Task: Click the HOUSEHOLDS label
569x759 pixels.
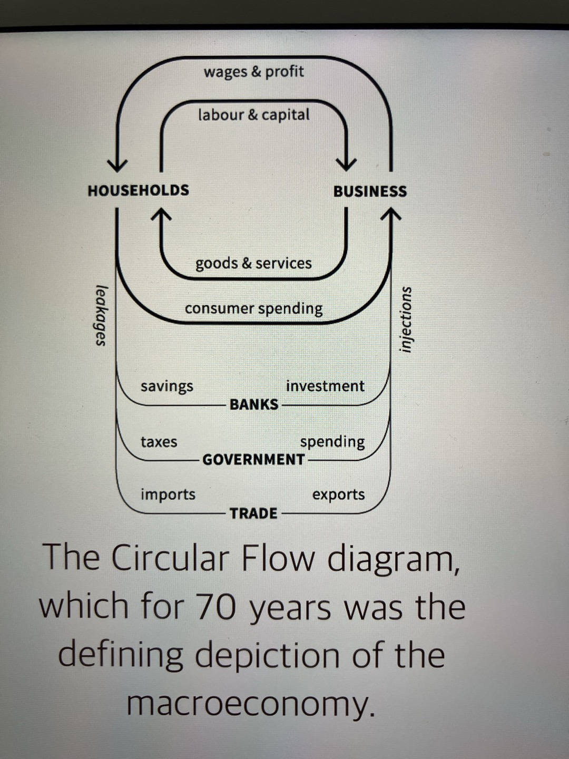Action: (138, 190)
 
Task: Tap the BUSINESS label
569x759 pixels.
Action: (370, 191)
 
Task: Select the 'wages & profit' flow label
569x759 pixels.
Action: (253, 71)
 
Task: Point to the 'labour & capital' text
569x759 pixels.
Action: (253, 114)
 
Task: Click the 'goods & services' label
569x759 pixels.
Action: (253, 263)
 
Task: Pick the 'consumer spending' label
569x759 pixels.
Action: (253, 308)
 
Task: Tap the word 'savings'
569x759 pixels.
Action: (166, 386)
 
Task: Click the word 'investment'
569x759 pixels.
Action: (325, 386)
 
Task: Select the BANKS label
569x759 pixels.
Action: (253, 404)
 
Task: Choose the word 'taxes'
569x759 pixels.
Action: (159, 442)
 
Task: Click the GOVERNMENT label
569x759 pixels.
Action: (253, 460)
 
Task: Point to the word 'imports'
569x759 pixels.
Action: (168, 494)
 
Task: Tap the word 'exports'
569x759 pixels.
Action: (338, 495)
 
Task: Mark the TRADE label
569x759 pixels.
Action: (253, 513)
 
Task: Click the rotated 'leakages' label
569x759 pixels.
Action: (101, 315)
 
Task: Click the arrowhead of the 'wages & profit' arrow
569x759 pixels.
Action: (117, 166)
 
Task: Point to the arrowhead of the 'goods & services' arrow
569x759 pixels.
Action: (161, 213)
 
